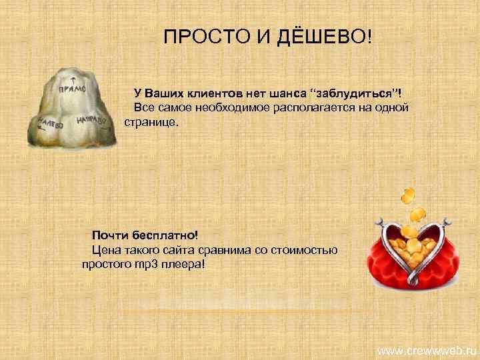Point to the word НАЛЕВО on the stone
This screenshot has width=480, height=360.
(50, 124)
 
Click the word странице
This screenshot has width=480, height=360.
(152, 123)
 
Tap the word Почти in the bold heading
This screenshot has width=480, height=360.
(109, 235)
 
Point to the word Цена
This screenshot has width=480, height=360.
(106, 250)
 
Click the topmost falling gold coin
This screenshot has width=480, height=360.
(407, 195)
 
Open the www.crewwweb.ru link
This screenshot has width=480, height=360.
(427, 350)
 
